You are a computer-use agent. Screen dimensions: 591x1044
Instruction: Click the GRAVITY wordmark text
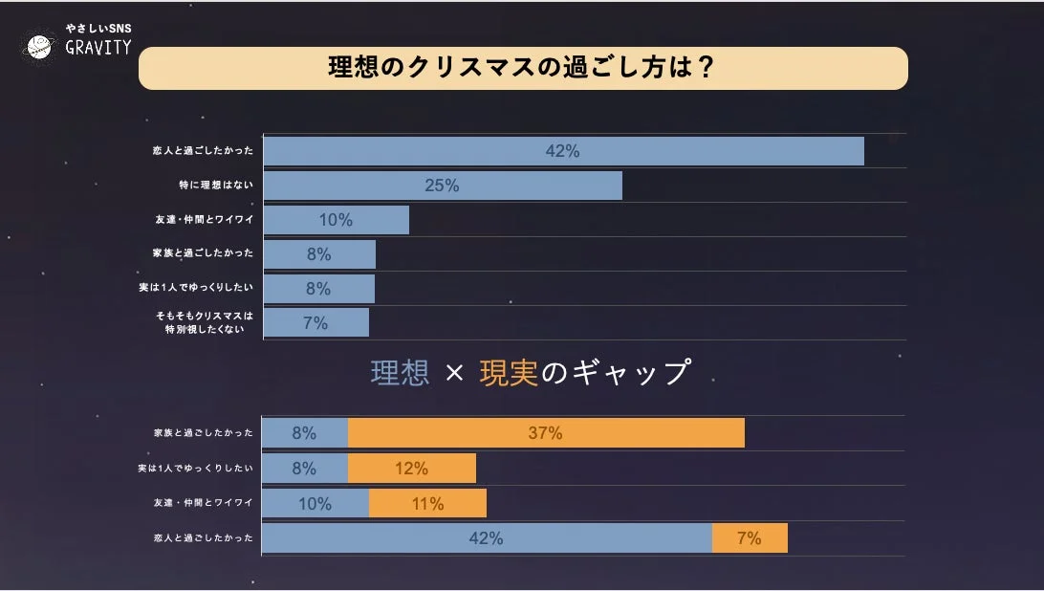[x=98, y=48]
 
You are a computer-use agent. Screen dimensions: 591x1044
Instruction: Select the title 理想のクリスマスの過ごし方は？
[x=522, y=68]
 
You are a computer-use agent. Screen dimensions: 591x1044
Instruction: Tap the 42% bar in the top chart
[x=563, y=151]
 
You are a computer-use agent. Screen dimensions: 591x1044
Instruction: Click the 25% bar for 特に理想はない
[x=442, y=186]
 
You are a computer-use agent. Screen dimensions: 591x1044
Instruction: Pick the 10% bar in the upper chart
[x=336, y=220]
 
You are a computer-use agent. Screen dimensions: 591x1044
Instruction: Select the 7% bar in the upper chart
[x=315, y=323]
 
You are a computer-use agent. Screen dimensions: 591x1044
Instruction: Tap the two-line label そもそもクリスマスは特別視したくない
[x=205, y=322]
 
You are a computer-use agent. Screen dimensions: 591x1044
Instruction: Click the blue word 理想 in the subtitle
[x=400, y=373]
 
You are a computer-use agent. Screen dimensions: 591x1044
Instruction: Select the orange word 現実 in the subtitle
[x=509, y=373]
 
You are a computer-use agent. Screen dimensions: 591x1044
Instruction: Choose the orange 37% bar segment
[x=545, y=432]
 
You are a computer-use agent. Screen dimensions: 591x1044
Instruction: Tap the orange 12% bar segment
[x=411, y=469]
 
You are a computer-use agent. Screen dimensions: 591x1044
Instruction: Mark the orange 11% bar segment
[x=427, y=504]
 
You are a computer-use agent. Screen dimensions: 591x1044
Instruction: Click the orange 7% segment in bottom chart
[x=750, y=538]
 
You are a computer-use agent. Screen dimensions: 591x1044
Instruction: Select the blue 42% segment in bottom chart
[x=486, y=538]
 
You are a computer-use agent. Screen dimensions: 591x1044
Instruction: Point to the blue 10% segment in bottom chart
[x=315, y=504]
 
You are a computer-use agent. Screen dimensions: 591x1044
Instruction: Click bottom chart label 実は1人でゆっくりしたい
[x=196, y=469]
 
